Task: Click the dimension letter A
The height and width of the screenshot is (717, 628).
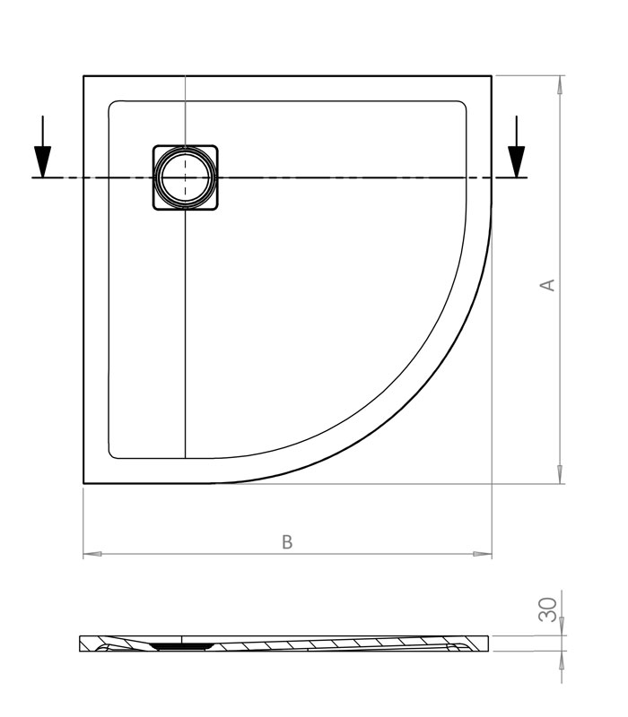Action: (547, 285)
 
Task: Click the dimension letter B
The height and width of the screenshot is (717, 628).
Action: (287, 542)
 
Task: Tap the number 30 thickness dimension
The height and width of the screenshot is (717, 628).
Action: (547, 609)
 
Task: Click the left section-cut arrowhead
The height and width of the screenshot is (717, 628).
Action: (42, 161)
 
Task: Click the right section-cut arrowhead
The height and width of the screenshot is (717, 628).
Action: (517, 161)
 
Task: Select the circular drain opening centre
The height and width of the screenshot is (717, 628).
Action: (186, 177)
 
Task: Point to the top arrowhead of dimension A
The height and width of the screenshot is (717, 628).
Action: (559, 84)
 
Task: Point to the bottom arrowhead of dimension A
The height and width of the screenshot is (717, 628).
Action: (559, 474)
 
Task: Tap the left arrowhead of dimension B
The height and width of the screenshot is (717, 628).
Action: (92, 554)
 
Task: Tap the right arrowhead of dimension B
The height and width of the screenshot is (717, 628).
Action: (483, 554)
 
